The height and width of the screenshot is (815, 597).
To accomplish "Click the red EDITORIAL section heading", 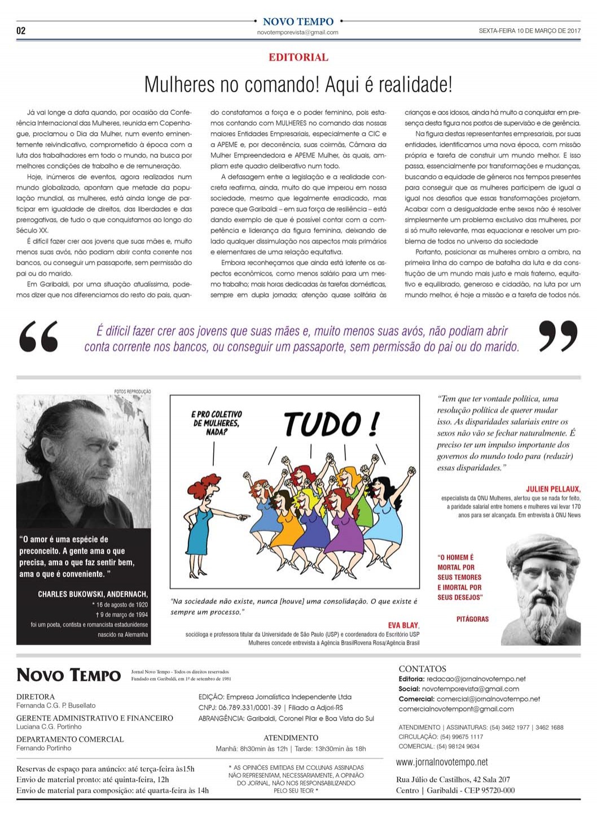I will pos(298,57).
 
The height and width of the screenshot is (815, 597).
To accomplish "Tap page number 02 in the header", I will pos(21,30).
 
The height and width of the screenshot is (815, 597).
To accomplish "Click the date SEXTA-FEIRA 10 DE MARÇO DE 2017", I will pos(529,31).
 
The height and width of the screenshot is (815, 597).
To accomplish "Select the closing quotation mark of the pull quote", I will pos(558,337).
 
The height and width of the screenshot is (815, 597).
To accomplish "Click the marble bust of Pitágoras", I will pos(542,587).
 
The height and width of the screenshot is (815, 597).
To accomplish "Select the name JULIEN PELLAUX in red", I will pos(552,489).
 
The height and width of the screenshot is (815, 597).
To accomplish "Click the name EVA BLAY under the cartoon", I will pos(403,625).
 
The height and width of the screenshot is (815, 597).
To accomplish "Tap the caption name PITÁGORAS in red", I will pos(472,619).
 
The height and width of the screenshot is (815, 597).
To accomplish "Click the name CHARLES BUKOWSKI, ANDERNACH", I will pos(93,594).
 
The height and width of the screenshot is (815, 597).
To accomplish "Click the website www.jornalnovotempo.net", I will pos(442,762).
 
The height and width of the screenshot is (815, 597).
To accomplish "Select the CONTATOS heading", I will pos(422,669).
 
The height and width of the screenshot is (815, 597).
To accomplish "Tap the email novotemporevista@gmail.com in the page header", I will pos(297,32).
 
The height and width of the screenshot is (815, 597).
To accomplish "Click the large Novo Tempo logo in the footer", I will pos(68,675).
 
